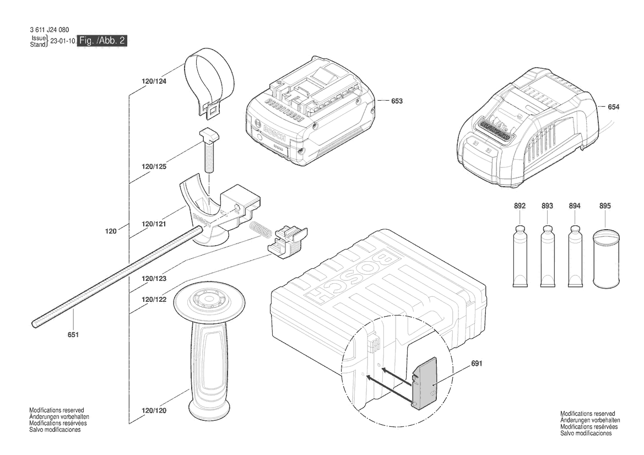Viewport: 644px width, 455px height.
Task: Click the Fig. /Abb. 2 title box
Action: (x=104, y=41)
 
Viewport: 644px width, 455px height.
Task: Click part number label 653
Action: (x=397, y=101)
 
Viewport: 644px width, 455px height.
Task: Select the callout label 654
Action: (x=613, y=107)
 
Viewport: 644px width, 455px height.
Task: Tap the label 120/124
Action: (x=154, y=81)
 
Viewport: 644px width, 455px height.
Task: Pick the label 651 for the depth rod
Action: (x=73, y=334)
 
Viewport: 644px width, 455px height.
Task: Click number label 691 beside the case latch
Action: (x=477, y=364)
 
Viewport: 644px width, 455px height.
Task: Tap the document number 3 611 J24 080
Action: (x=50, y=30)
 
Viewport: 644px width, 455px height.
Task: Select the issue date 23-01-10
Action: (x=62, y=41)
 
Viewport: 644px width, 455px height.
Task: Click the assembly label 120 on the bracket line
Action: (x=111, y=232)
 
